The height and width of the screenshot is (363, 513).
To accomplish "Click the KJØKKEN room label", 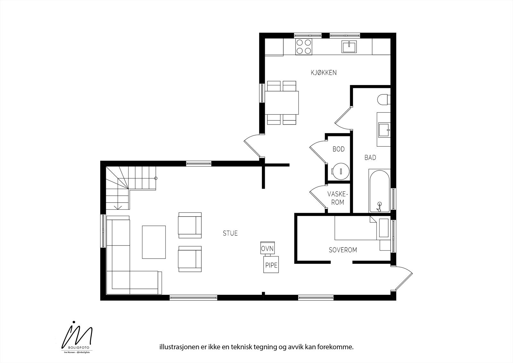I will [324, 73].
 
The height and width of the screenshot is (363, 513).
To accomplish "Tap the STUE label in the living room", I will [230, 233].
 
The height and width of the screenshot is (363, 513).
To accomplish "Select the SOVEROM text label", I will [343, 250].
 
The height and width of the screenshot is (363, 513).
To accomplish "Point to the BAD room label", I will [370, 158].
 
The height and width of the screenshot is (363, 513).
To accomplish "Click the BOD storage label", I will [339, 149].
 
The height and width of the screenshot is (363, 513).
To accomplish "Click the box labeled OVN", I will [267, 249].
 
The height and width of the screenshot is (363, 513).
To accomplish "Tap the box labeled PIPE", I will [271, 265].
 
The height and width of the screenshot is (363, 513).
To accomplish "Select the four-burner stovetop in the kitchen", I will [304, 47].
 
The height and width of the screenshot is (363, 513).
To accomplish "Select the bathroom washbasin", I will [383, 130].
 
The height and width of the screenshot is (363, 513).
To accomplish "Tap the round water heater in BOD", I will [340, 171].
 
